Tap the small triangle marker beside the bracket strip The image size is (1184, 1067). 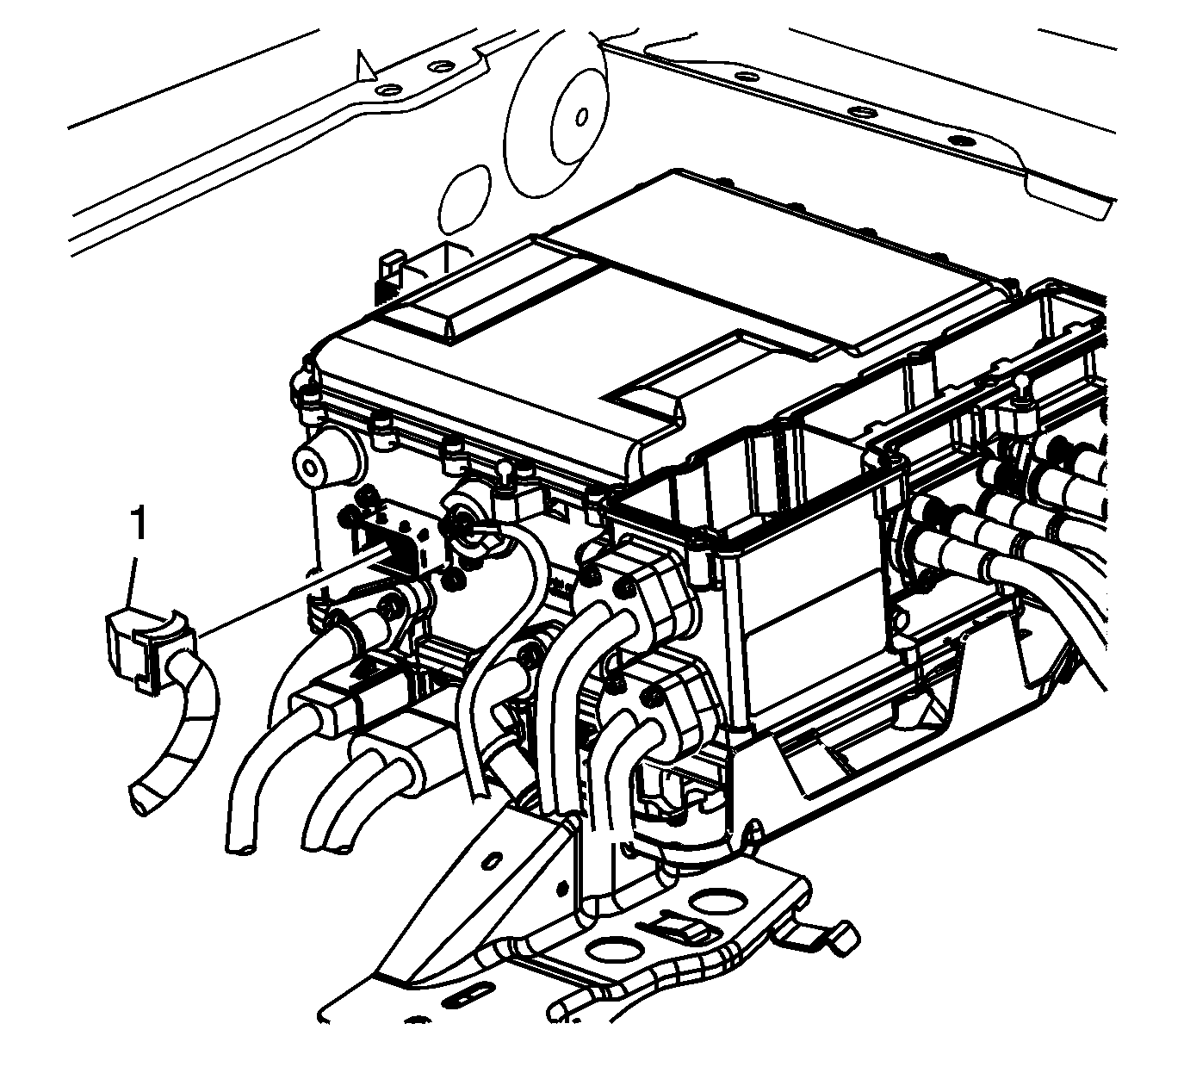pyautogui.click(x=365, y=66)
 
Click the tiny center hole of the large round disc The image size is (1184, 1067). pyautogui.click(x=581, y=117)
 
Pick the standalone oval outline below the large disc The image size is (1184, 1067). pyautogui.click(x=465, y=198)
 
